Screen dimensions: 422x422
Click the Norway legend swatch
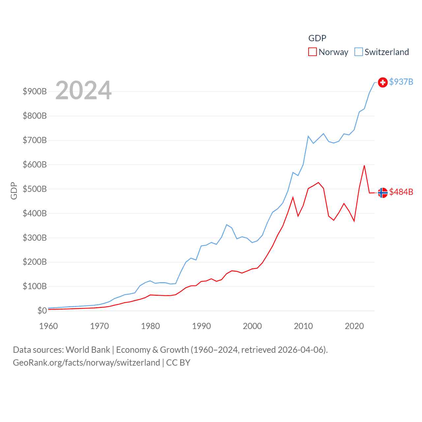pyautogui.click(x=312, y=52)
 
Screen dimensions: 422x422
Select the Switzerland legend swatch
pyautogui.click(x=358, y=52)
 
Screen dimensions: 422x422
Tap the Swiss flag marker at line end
pyautogui.click(x=382, y=82)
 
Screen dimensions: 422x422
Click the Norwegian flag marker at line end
pyautogui.click(x=382, y=193)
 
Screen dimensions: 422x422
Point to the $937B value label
pyautogui.click(x=401, y=82)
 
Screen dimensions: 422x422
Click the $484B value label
pyautogui.click(x=401, y=192)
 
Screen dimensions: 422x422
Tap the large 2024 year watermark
pyautogui.click(x=83, y=90)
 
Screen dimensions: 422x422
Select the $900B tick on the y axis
pyautogui.click(x=35, y=91)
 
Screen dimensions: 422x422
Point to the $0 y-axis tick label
pyautogui.click(x=42, y=311)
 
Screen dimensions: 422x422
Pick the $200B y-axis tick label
pyautogui.click(x=35, y=262)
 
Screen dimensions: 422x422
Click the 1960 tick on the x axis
pyautogui.click(x=48, y=326)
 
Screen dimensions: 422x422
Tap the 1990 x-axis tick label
pyautogui.click(x=201, y=326)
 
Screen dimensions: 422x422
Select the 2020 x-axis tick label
pyautogui.click(x=354, y=326)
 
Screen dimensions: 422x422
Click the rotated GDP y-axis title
pyautogui.click(x=14, y=191)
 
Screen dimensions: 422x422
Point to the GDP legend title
pyautogui.click(x=317, y=38)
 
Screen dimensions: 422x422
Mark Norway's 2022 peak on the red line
pyautogui.click(x=364, y=166)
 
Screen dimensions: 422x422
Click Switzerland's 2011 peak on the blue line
pyautogui.click(x=308, y=136)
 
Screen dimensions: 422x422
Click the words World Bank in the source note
pyautogui.click(x=88, y=349)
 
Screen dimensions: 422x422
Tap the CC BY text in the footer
pyautogui.click(x=178, y=363)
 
